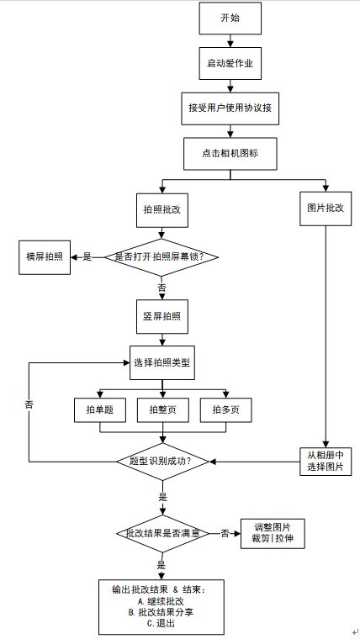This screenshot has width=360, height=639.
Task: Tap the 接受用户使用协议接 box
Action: point(229,108)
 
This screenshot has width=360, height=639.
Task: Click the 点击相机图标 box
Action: point(229,152)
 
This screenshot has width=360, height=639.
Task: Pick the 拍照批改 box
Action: point(161,209)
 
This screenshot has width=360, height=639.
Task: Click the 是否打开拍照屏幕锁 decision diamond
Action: point(161,256)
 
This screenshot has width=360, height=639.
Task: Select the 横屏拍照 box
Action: point(45,256)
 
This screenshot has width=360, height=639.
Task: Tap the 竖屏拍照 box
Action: point(161,317)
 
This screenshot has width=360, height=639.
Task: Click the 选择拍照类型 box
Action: point(162,362)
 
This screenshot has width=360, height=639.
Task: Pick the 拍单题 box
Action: point(100,409)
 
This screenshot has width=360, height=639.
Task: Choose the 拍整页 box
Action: point(162,409)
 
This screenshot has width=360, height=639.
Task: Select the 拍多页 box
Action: point(225,409)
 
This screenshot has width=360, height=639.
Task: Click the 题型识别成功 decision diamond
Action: point(161,461)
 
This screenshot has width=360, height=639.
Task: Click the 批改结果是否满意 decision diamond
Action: point(161,533)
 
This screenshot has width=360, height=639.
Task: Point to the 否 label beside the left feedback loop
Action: point(29,404)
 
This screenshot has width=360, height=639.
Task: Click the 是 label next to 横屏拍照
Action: point(87,256)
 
